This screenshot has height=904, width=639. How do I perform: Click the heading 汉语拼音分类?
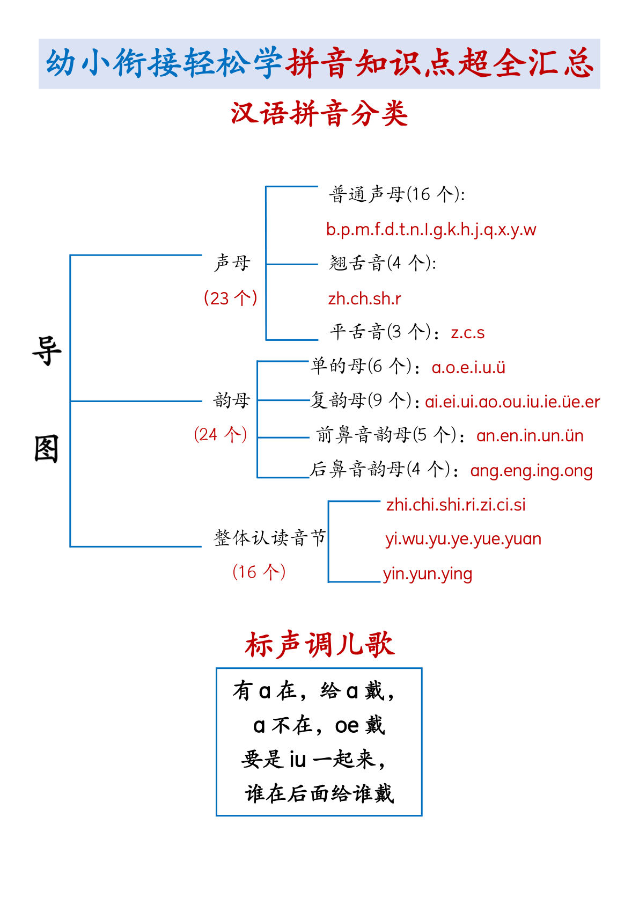pyautogui.click(x=319, y=114)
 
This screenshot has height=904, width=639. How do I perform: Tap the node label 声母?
pyautogui.click(x=232, y=263)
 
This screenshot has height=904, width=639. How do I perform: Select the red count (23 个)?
pyautogui.click(x=230, y=297)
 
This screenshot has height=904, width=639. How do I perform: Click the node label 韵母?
pyautogui.click(x=231, y=400)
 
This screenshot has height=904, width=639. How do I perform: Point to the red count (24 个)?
pyautogui.click(x=221, y=434)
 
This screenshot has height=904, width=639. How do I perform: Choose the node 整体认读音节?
pyautogui.click(x=269, y=537)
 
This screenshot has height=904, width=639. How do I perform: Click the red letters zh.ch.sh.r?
pyautogui.click(x=364, y=298)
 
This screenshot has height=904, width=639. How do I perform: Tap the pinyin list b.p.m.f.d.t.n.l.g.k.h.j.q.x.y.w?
pyautogui.click(x=431, y=230)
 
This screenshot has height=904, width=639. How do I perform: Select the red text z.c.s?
pyautogui.click(x=467, y=333)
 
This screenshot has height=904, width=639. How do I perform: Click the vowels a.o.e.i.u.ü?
pyautogui.click(x=468, y=367)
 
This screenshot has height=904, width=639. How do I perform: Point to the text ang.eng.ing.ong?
pyautogui.click(x=531, y=471)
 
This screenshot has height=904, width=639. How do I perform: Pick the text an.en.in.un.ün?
pyautogui.click(x=530, y=436)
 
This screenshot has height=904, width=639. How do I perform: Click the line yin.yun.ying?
pyautogui.click(x=428, y=574)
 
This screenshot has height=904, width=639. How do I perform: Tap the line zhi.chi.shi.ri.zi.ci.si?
pyautogui.click(x=456, y=505)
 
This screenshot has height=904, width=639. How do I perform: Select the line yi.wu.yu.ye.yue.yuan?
pyautogui.click(x=463, y=539)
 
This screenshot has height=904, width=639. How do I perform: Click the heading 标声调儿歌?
pyautogui.click(x=319, y=644)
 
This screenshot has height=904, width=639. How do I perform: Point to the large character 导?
pyautogui.click(x=47, y=352)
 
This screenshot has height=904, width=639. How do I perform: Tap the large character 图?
pyautogui.click(x=47, y=449)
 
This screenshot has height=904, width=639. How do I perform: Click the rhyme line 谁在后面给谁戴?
pyautogui.click(x=319, y=793)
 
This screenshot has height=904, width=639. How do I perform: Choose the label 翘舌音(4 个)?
pyautogui.click(x=382, y=263)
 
